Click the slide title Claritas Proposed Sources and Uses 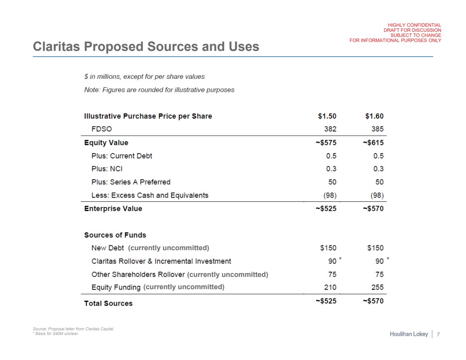pyautogui.click(x=146, y=47)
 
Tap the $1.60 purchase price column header pyautogui.click(x=374, y=116)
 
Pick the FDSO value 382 pyautogui.click(x=330, y=129)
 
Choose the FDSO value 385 pyautogui.click(x=377, y=129)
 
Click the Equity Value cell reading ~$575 pyautogui.click(x=326, y=142)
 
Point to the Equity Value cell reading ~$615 pyautogui.click(x=373, y=142)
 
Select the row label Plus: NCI pyautogui.click(x=107, y=169)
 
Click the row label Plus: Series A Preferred pyautogui.click(x=130, y=182)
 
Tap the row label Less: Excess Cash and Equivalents pyautogui.click(x=150, y=195)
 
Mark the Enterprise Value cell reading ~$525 pyautogui.click(x=326, y=209)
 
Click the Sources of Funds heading pyautogui.click(x=115, y=235)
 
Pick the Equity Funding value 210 pyautogui.click(x=330, y=287)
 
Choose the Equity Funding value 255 pyautogui.click(x=377, y=287)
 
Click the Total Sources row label pyautogui.click(x=108, y=303)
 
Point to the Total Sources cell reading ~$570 pyautogui.click(x=373, y=301)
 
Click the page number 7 pyautogui.click(x=438, y=335)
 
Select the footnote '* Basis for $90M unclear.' pyautogui.click(x=55, y=333)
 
